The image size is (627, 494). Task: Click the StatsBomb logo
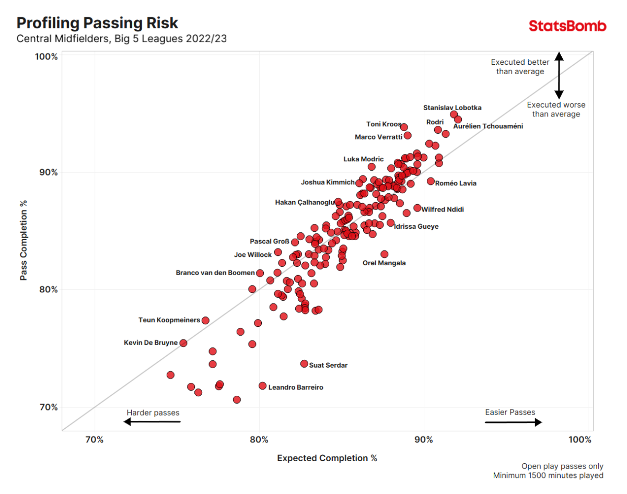567,26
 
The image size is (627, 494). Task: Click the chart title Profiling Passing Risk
97,23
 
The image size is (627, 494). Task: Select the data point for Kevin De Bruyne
183,343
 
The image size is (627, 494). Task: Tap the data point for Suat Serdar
304,363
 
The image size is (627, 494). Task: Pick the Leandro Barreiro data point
262,386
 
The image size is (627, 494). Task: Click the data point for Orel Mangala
385,254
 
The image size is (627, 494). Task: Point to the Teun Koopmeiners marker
205,320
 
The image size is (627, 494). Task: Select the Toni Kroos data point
404,127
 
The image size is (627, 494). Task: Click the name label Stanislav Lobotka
452,108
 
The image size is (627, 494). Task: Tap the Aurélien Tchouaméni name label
487,126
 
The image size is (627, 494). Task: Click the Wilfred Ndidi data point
417,208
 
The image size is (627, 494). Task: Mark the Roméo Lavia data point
431,181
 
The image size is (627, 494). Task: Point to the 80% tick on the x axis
259,440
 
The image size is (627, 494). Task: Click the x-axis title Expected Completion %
327,458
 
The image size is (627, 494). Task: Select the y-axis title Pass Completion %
24,239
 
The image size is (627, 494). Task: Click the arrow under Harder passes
152,422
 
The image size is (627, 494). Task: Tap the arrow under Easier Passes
514,422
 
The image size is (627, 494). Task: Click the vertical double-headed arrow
559,75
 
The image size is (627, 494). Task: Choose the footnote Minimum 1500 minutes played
548,476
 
